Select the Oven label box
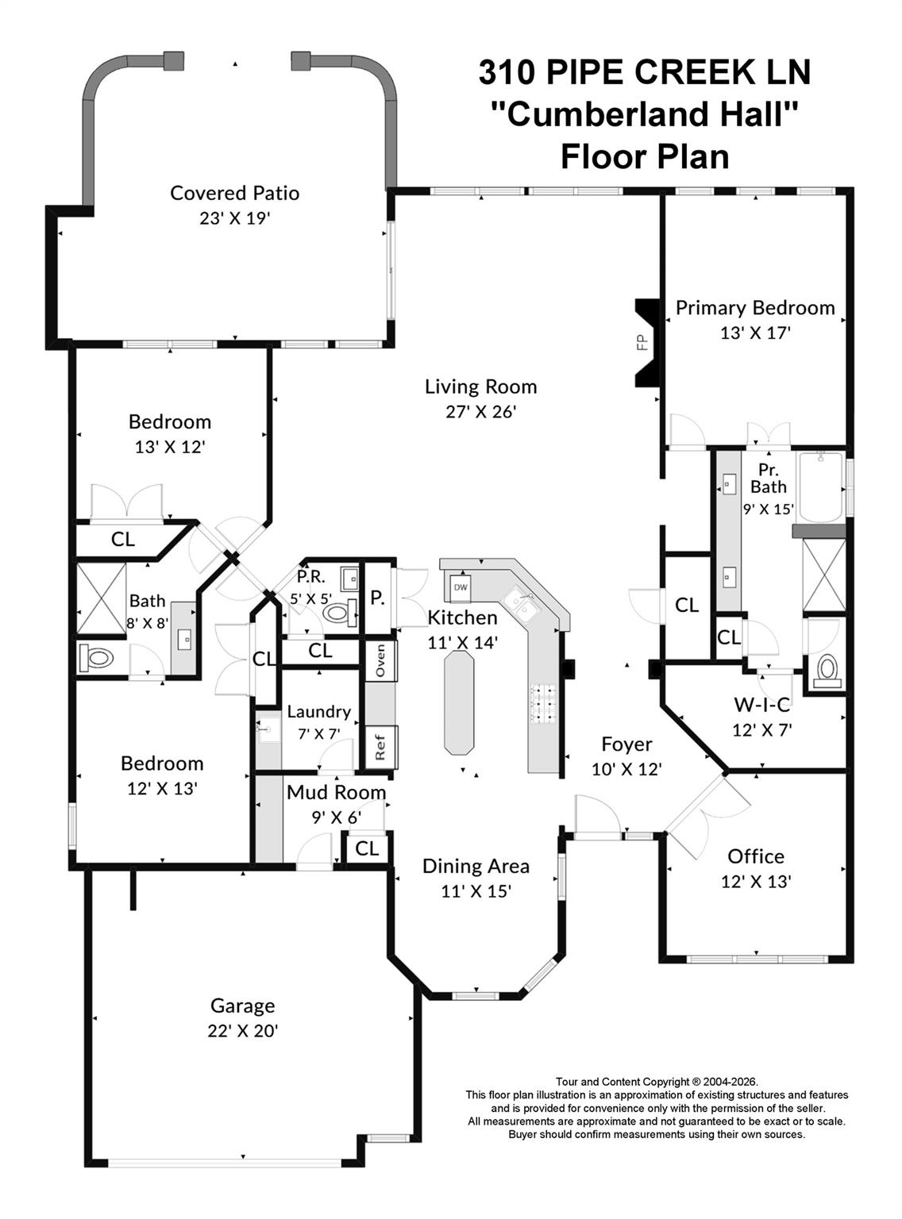point(380,660)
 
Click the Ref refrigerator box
point(380,747)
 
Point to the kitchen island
point(459,702)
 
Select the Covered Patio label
point(235,193)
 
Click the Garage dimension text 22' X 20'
point(243,1031)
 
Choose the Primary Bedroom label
point(755,308)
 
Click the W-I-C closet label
point(761,704)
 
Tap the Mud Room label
point(336,792)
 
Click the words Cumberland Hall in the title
point(644,114)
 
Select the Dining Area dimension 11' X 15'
point(476,891)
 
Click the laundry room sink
point(268,729)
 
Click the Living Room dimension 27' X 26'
point(481,411)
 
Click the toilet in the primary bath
point(826,671)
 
